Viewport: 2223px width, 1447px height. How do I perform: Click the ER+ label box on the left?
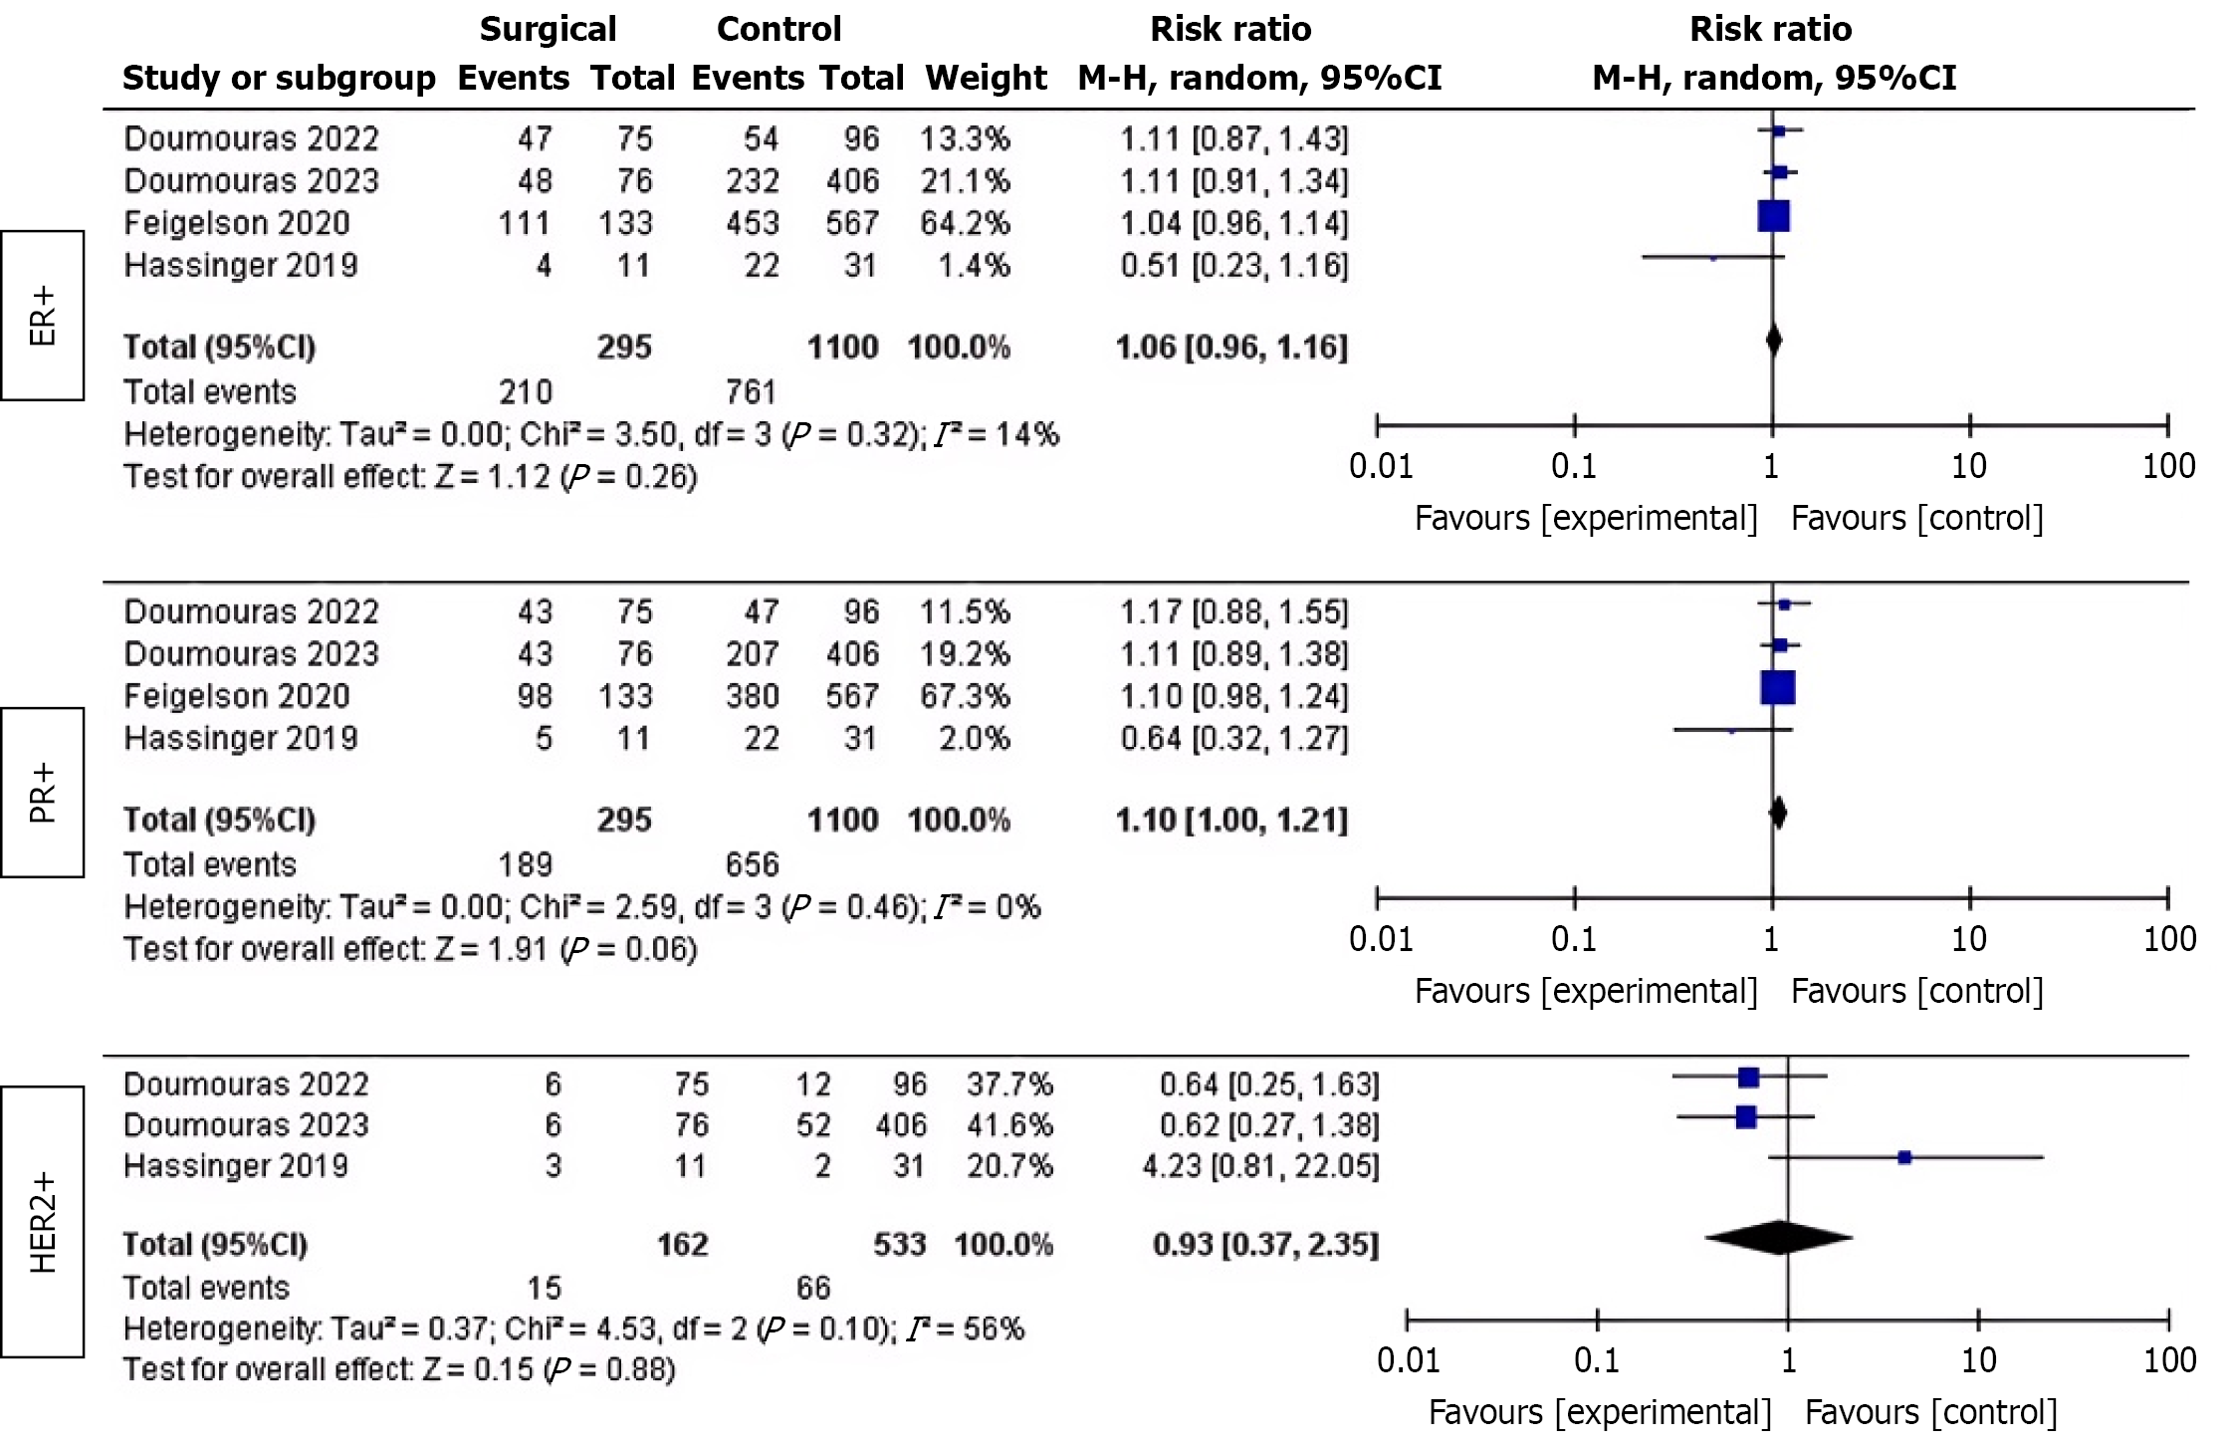42,316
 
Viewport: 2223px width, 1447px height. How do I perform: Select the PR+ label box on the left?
42,793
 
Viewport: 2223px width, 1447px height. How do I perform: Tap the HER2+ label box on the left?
42,1222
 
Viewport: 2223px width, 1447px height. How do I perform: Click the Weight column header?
986,78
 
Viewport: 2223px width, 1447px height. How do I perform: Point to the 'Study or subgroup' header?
279,78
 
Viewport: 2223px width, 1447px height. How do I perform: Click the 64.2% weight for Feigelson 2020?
965,223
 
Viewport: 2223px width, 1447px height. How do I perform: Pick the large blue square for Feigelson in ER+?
1774,216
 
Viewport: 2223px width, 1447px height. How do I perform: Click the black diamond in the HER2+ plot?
1779,1238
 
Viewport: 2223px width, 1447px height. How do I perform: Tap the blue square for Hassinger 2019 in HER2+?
1904,1157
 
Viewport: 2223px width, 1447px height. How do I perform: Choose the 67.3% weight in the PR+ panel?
965,696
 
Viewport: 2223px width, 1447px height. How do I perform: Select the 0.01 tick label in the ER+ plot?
1381,466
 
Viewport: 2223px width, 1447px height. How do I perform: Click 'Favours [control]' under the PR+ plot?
1916,991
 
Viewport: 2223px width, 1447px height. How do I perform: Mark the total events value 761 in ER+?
751,391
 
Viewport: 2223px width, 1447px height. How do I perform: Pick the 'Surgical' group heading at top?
548,30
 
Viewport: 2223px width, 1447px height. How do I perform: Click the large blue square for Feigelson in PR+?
1778,688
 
